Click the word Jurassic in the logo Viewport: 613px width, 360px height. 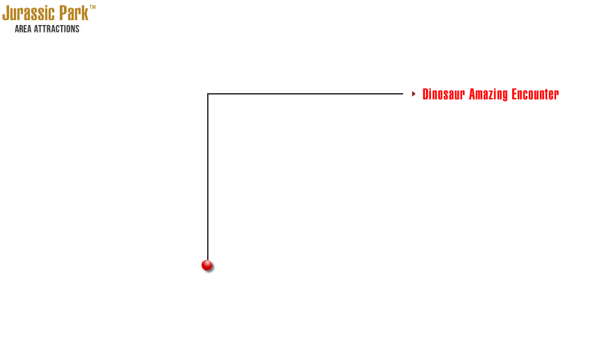pos(28,13)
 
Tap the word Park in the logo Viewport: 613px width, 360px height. pos(74,13)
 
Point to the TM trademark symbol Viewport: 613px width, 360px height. pos(92,7)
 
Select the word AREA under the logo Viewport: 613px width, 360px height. pos(23,29)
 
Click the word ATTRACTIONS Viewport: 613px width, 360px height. pos(57,29)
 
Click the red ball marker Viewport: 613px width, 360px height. pos(207,265)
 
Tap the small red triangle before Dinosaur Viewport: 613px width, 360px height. pos(414,94)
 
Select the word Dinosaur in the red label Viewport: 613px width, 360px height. pos(443,95)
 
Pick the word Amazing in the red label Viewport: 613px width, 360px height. pos(489,95)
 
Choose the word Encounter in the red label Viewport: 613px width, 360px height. pos(536,95)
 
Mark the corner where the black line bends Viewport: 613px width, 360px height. pos(208,94)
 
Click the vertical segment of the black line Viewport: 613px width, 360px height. pos(208,177)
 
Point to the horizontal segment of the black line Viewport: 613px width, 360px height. pos(305,94)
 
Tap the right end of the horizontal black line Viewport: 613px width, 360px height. pos(402,94)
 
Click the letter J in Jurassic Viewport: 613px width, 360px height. pos(6,13)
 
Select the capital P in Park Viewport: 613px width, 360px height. pos(63,13)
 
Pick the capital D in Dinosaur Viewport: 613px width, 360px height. pos(426,95)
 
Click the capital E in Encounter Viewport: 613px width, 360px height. pos(515,95)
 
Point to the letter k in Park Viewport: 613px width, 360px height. pos(85,13)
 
